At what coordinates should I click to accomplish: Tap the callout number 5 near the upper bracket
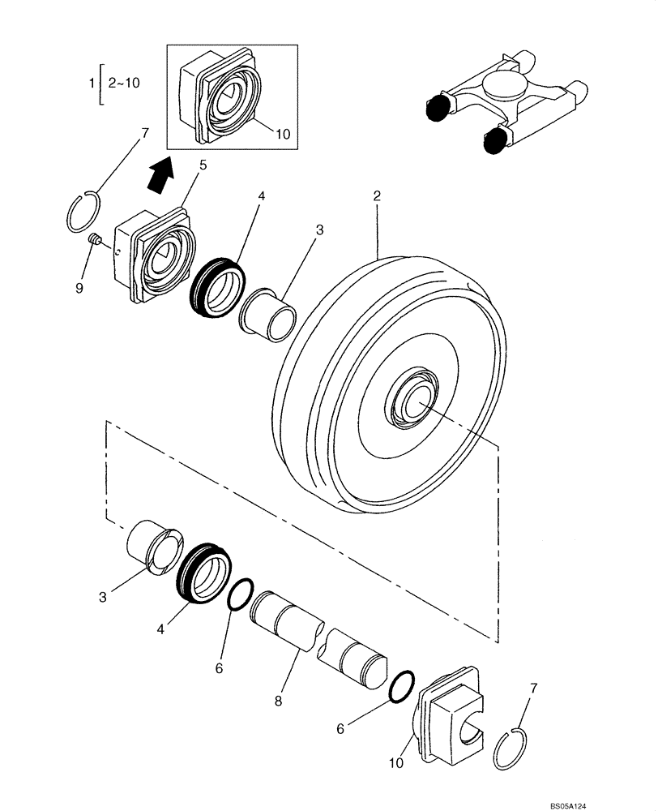pyautogui.click(x=203, y=165)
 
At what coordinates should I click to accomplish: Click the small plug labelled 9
pyautogui.click(x=94, y=240)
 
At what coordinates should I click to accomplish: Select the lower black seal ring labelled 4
pyautogui.click(x=205, y=571)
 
